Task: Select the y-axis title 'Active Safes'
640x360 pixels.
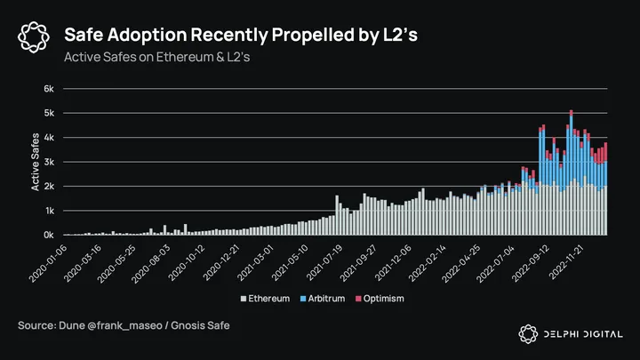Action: pyautogui.click(x=36, y=161)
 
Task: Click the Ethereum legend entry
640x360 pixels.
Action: pyautogui.click(x=269, y=298)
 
